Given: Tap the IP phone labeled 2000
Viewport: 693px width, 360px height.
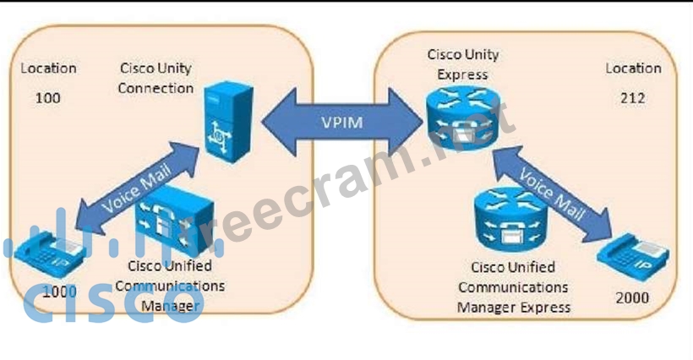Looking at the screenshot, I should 633,253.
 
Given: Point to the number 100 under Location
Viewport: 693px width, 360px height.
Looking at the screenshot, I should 47,98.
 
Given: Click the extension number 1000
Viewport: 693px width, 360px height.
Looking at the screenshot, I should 59,292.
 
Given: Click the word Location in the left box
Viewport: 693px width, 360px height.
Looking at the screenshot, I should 48,68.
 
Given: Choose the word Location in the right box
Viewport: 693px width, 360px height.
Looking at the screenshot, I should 633,68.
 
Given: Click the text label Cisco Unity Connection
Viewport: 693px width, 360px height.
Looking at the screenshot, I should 156,78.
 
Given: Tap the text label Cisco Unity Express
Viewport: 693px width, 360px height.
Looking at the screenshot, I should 462,64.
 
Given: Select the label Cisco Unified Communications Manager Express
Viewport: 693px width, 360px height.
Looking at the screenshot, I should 513,288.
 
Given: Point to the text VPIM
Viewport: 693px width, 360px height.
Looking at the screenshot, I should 341,122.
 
